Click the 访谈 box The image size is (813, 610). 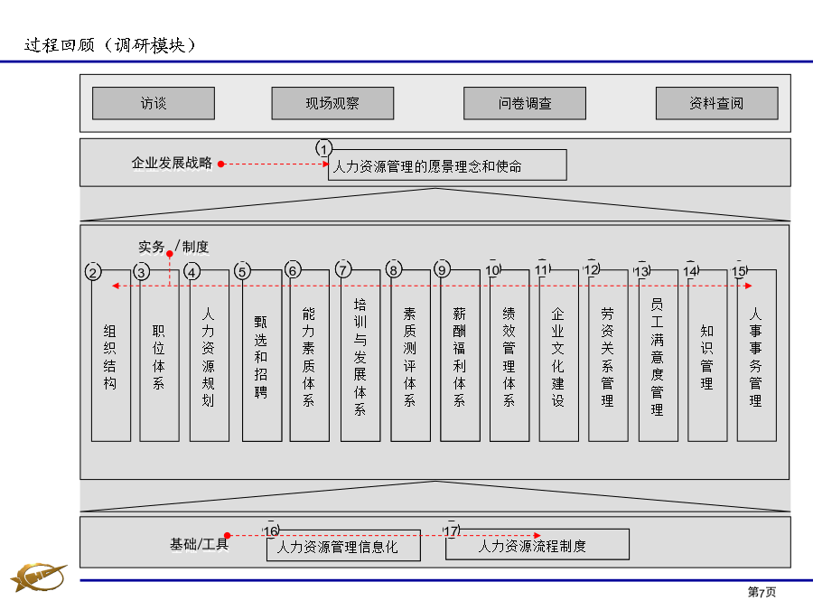(x=154, y=103)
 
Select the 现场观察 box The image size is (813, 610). (x=332, y=103)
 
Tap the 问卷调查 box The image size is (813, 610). (x=525, y=103)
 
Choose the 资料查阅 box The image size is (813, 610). (x=716, y=103)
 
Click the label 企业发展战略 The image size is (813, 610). (x=172, y=163)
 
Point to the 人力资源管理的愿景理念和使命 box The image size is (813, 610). (x=447, y=165)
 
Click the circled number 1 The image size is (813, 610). (x=324, y=149)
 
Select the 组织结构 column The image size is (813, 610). (x=111, y=355)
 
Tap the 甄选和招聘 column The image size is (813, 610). (x=262, y=355)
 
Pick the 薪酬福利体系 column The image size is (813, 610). (x=460, y=355)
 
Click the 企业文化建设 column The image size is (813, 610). (x=558, y=355)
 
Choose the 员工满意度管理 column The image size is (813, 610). (x=658, y=355)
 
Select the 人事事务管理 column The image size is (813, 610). (x=756, y=355)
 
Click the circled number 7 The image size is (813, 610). (x=343, y=269)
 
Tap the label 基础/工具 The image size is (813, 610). (x=199, y=544)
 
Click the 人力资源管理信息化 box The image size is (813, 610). (x=343, y=546)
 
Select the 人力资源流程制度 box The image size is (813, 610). (x=537, y=545)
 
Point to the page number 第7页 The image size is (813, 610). (x=762, y=592)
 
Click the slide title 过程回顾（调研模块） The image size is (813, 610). (x=110, y=45)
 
